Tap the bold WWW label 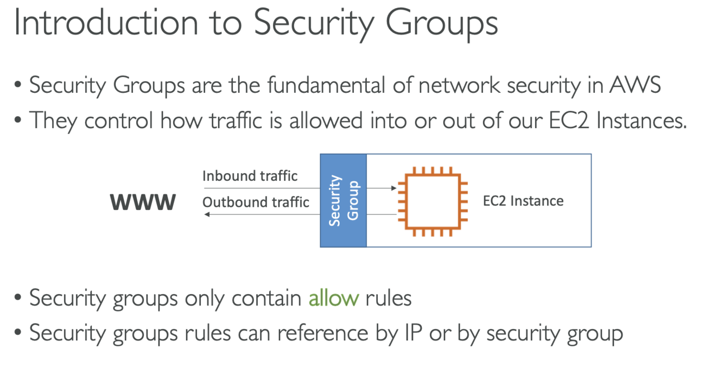tap(143, 202)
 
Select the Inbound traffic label tap(250, 176)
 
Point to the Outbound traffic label tap(256, 202)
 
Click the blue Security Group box tap(343, 200)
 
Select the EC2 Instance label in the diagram tap(523, 201)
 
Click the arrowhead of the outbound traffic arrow tap(207, 215)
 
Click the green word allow tap(334, 298)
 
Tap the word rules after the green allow tap(388, 298)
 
